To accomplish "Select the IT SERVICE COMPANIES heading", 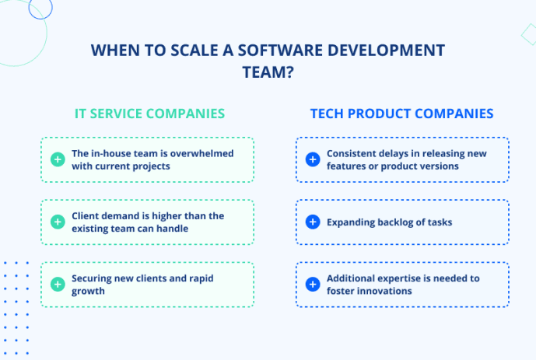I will (x=149, y=114).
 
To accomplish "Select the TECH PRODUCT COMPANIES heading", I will (x=401, y=114).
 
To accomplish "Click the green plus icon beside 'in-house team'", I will (x=57, y=159).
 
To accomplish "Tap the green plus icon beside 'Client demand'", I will (x=57, y=222).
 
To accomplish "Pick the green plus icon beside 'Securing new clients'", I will (x=57, y=285).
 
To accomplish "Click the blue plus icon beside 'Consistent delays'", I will (x=312, y=159).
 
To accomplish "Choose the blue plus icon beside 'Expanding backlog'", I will (x=312, y=222).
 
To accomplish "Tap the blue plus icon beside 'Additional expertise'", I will (x=312, y=285).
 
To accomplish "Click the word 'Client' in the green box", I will (x=86, y=215).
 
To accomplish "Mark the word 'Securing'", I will (x=93, y=278).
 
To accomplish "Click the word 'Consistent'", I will (x=352, y=153).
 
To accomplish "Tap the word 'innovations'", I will (x=384, y=292).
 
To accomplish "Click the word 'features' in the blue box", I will (x=346, y=166).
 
